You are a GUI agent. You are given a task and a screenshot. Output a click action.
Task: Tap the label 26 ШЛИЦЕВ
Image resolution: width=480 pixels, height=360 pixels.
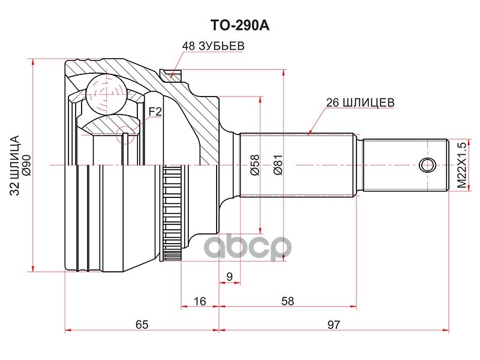pos(359,102)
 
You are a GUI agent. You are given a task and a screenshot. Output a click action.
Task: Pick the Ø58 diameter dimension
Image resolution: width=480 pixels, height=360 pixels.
pos(254,164)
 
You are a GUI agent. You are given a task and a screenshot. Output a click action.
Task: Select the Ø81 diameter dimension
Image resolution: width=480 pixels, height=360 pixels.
pos(277,164)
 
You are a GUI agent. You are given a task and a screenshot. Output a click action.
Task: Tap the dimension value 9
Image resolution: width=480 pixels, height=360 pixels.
pos(229,277)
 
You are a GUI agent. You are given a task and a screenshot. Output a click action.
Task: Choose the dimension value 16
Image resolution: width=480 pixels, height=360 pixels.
pos(200,301)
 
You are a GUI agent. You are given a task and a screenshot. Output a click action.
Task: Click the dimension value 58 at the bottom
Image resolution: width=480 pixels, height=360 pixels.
pos(288,301)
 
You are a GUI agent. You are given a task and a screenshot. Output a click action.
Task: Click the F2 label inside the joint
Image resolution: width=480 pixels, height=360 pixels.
pos(155,111)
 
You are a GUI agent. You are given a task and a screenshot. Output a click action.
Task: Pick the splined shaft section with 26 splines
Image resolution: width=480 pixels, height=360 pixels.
pos(300,165)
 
